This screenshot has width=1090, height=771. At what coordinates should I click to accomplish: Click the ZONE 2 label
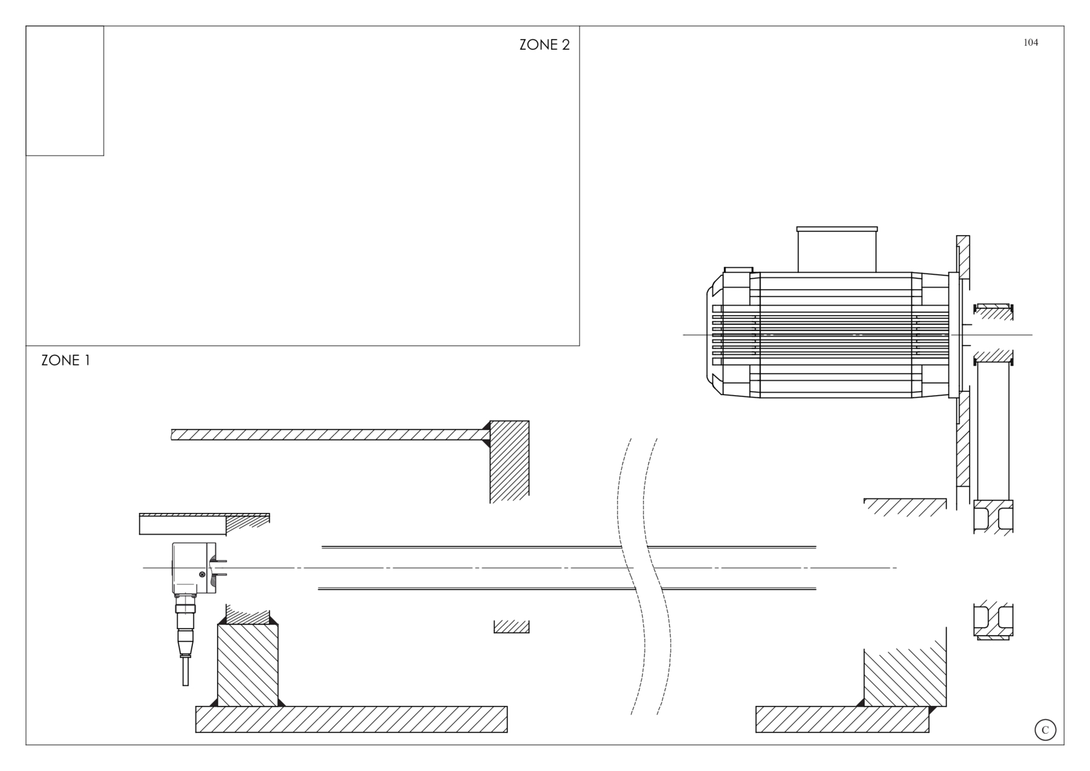(544, 45)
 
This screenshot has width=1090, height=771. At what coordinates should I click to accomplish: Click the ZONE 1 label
(66, 360)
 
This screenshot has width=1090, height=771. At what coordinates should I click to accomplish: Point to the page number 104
(1030, 42)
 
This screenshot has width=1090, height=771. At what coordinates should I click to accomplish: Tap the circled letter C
(1045, 730)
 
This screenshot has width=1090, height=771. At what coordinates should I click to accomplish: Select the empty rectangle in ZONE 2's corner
(65, 91)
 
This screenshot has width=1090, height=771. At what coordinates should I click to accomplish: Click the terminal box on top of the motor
(837, 249)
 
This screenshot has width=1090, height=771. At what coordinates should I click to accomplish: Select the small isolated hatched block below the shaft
(512, 626)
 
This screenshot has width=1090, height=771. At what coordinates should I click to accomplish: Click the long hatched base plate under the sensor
(351, 720)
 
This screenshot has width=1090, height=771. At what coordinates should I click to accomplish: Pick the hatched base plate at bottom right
(842, 720)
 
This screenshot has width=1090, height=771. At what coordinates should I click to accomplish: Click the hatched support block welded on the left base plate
(248, 665)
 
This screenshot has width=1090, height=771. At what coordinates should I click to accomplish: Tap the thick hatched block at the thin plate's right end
(509, 462)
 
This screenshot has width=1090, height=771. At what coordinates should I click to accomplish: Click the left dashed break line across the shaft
(632, 577)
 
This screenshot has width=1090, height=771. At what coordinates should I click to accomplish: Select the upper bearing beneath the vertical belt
(993, 517)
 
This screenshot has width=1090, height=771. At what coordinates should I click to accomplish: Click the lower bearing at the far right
(993, 620)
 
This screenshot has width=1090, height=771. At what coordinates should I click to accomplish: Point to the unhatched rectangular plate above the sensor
(182, 525)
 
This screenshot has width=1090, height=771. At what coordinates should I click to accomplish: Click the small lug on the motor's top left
(738, 270)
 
